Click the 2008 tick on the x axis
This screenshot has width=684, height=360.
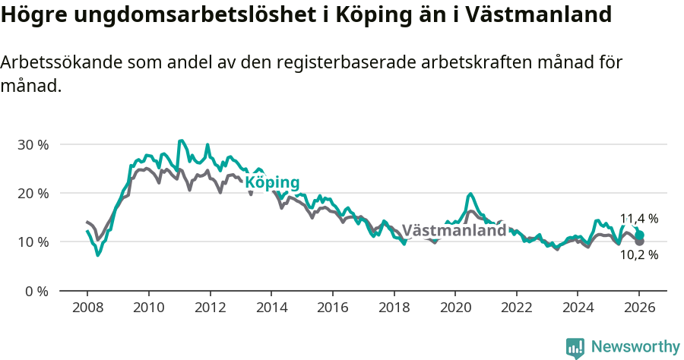click(x=87, y=308)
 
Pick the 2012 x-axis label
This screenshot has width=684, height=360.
click(x=210, y=308)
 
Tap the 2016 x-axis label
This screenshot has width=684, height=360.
click(x=332, y=308)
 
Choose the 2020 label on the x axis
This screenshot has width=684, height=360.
click(x=455, y=308)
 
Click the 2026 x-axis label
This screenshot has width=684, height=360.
click(x=639, y=308)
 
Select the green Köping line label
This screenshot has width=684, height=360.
click(x=271, y=183)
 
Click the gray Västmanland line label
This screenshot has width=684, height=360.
click(x=454, y=230)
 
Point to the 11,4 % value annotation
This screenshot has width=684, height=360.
click(x=638, y=219)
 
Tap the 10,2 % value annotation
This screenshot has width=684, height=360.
click(x=638, y=255)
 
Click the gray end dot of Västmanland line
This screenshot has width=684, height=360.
click(x=640, y=242)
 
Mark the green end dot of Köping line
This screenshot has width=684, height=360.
click(x=640, y=235)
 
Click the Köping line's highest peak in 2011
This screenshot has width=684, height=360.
click(x=181, y=141)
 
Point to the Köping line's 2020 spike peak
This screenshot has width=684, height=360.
click(x=470, y=194)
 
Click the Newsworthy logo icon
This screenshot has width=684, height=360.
click(x=575, y=348)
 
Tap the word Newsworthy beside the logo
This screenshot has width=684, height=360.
click(x=635, y=347)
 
